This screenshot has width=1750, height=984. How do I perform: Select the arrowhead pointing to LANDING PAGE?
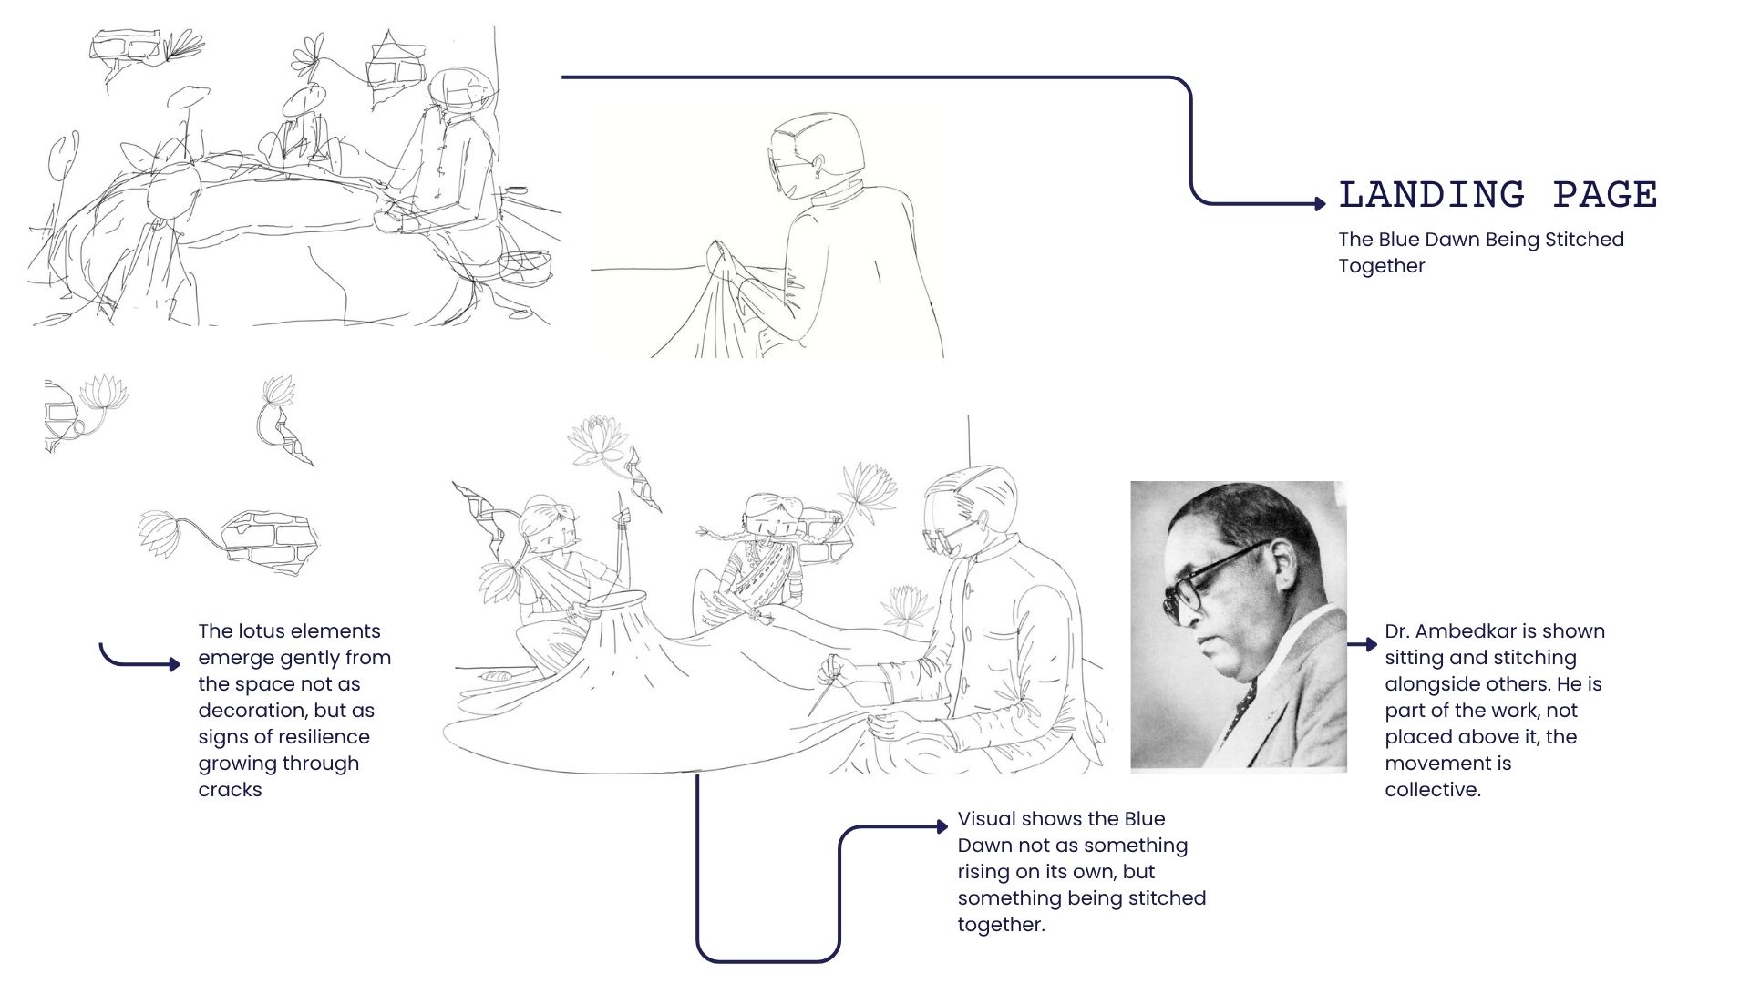(1321, 203)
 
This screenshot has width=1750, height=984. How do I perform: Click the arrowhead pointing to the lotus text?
(175, 664)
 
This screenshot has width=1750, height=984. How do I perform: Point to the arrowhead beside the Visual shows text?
(942, 826)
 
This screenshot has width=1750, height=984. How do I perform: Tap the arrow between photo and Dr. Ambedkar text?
(1363, 644)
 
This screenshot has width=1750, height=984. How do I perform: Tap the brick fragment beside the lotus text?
(271, 540)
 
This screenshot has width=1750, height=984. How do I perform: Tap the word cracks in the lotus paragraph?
(230, 790)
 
